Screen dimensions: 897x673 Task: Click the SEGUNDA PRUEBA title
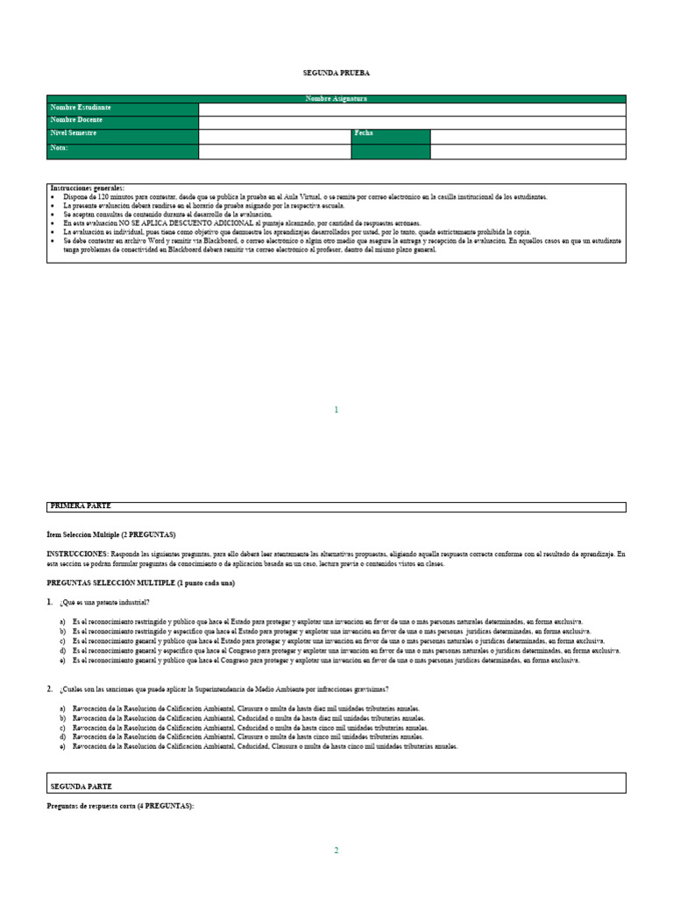(x=336, y=73)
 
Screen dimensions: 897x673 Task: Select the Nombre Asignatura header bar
(x=336, y=99)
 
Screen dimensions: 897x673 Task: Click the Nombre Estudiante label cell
(x=123, y=109)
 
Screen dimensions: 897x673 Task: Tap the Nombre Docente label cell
(x=123, y=121)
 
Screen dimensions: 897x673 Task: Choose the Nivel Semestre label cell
(x=123, y=135)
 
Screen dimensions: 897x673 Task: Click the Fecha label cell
(x=391, y=135)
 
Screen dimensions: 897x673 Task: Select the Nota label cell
(x=123, y=151)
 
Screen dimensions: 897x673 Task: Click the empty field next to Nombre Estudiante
(x=412, y=109)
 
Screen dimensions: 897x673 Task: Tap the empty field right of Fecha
(x=528, y=136)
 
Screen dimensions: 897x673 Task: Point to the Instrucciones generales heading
(x=88, y=188)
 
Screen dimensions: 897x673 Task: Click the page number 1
(x=336, y=410)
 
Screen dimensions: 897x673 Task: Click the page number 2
(x=336, y=850)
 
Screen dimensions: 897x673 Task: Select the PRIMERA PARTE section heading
(x=81, y=506)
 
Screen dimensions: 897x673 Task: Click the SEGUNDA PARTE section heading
(x=81, y=787)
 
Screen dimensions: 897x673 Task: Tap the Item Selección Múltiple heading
(x=111, y=533)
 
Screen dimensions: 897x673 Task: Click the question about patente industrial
(x=105, y=602)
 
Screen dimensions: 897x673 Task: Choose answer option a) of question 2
(x=245, y=708)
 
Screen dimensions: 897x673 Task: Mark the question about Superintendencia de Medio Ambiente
(x=223, y=689)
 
